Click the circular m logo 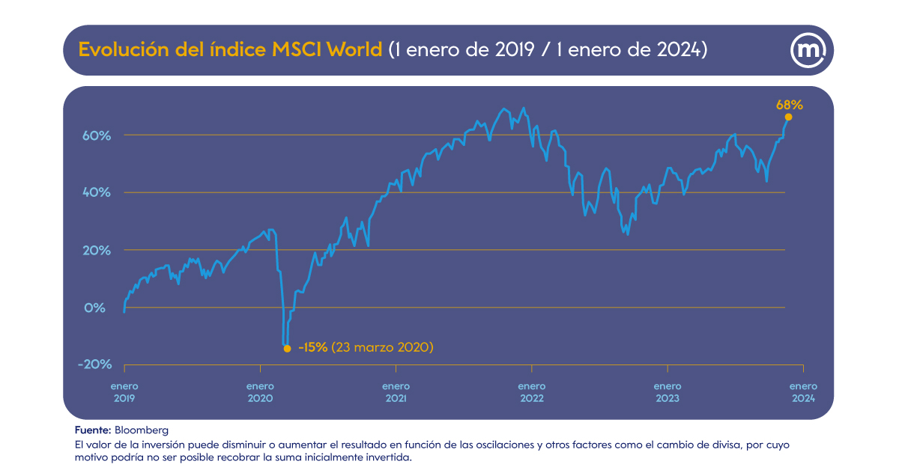point(808,50)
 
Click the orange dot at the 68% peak point(788,117)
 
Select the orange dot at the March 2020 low point(287,348)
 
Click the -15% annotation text point(312,347)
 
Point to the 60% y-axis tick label point(97,135)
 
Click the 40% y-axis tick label point(97,192)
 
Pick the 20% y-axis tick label point(97,250)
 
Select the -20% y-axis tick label point(94,364)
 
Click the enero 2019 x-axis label point(124,392)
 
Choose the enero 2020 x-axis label point(260,392)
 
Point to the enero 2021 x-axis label point(396,392)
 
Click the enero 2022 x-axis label point(531,392)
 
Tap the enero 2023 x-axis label point(667,392)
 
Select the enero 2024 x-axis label point(802,392)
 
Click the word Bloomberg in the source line point(142,430)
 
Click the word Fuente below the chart point(92,430)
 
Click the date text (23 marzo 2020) point(383,347)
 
